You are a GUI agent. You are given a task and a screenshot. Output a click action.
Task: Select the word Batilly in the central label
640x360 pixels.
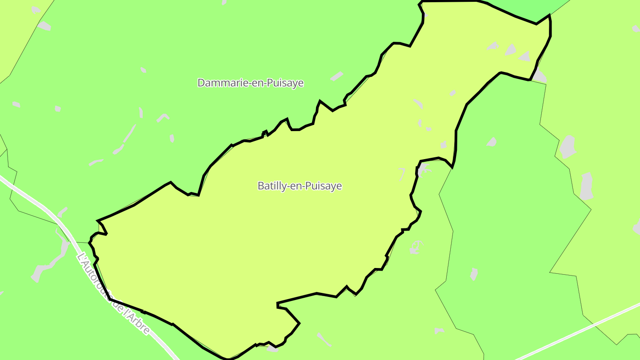(x=271, y=186)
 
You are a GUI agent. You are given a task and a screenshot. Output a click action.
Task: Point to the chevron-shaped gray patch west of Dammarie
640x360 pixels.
(x=163, y=117)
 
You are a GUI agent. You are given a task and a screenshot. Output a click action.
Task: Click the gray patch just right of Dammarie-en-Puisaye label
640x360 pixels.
(x=337, y=76)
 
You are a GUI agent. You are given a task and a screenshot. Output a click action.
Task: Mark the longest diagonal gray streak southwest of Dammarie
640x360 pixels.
(x=130, y=133)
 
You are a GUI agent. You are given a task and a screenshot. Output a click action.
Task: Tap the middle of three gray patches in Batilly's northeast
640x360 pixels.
(x=510, y=49)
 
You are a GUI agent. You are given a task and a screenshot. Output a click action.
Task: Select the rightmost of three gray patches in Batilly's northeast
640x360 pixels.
(x=525, y=56)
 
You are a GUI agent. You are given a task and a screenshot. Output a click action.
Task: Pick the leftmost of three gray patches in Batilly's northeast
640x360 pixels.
(x=492, y=45)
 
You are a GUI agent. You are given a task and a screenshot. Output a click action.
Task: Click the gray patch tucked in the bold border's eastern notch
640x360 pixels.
(x=423, y=169)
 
